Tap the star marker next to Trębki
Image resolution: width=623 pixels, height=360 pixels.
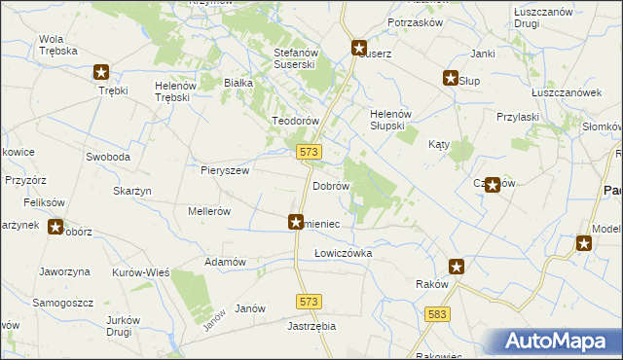101,71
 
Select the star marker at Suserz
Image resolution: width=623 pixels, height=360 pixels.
359,47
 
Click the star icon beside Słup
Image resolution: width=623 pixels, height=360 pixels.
452,79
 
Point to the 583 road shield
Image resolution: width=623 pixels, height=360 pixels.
437,313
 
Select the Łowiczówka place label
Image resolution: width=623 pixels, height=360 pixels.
343,253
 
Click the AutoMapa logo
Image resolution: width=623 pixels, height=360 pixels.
555,342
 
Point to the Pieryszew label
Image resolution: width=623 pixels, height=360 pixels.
225,170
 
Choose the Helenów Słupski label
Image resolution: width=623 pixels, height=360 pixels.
393,120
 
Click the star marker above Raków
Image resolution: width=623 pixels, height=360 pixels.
457,267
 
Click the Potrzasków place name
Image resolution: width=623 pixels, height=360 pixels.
415,22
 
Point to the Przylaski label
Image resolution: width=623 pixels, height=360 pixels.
517,116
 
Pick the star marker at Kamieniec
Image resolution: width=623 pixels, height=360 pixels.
296,223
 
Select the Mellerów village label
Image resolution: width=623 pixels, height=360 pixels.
208,210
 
